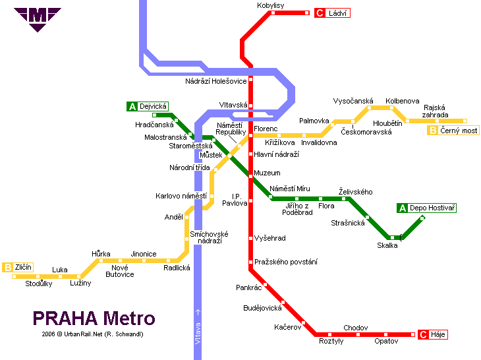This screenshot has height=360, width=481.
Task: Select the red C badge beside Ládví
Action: (x=320, y=13)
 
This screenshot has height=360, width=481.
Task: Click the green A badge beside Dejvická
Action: (x=132, y=106)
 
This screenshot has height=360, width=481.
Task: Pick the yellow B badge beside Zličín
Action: (x=8, y=267)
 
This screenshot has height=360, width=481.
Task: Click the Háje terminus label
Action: (x=438, y=335)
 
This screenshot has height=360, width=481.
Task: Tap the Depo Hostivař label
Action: (x=432, y=208)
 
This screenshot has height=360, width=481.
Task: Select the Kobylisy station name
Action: (x=270, y=5)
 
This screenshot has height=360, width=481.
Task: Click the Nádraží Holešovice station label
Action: (x=215, y=81)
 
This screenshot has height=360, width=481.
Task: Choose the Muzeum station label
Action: (x=267, y=173)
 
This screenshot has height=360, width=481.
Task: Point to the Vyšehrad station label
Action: (x=270, y=238)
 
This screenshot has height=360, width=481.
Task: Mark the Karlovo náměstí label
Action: (x=181, y=196)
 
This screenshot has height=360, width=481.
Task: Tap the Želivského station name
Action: (x=355, y=192)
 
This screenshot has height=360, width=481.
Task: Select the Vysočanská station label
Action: (x=353, y=101)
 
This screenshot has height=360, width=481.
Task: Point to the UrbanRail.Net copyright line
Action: (x=92, y=334)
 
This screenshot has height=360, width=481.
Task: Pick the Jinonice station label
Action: (x=143, y=254)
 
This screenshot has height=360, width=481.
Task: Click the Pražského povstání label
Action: (x=286, y=262)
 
